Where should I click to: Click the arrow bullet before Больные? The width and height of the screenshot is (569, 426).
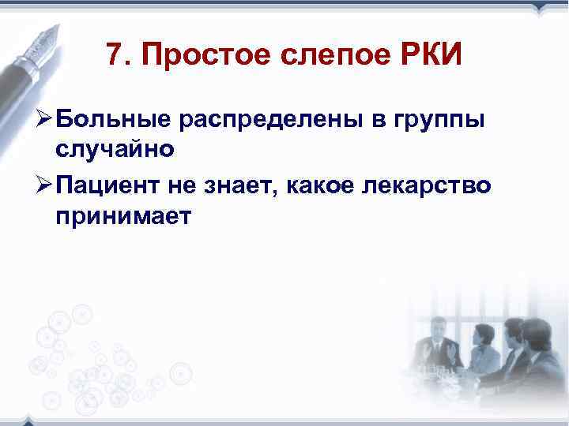(x=40, y=119)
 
